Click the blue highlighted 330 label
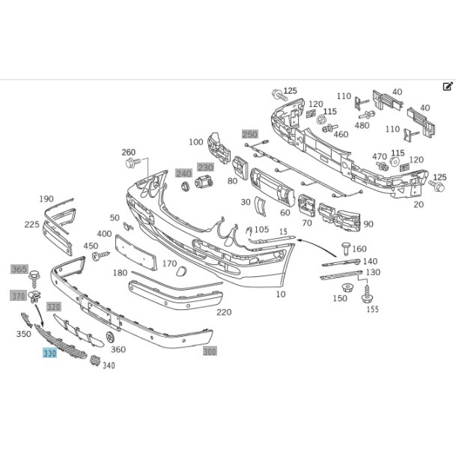coord(49,353)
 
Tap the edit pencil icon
coord(448,86)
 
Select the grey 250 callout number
coord(250,134)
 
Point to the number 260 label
coord(129,152)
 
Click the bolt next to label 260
coord(133,162)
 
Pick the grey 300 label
coord(210,351)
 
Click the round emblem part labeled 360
coord(110,336)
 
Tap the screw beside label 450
coord(100,256)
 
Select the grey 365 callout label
coord(19,270)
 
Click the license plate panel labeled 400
coord(136,252)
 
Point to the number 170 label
coord(169,264)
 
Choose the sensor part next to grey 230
coord(204,183)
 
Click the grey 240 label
coord(183,174)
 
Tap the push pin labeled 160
coord(346,248)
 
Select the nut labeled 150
coord(347,288)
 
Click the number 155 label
coord(373,309)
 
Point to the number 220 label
coord(224,312)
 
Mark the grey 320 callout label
coord(53,307)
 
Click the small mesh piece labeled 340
coord(94,360)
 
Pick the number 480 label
coord(362,125)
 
